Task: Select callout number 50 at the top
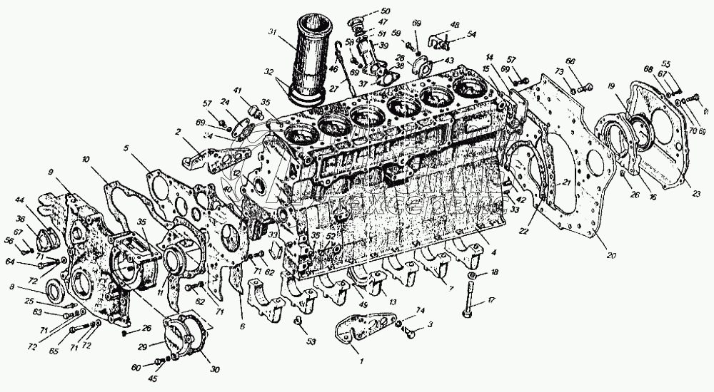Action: (386, 11)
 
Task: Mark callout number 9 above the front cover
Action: (51, 172)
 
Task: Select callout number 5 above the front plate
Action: (126, 148)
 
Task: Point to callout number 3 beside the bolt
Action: (431, 325)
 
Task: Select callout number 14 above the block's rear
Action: (490, 56)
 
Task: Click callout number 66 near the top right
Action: (570, 61)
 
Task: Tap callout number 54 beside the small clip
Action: (472, 34)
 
